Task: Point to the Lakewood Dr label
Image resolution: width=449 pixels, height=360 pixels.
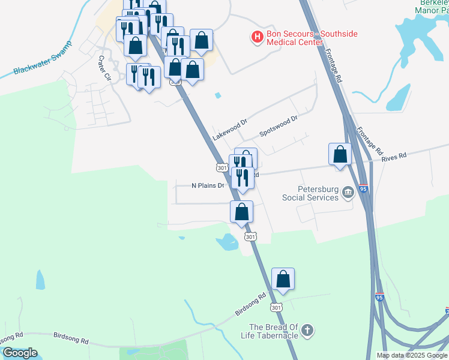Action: click(x=229, y=130)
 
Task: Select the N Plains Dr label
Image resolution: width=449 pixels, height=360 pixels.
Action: click(x=207, y=185)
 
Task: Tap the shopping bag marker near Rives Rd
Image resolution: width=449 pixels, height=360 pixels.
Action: click(x=340, y=154)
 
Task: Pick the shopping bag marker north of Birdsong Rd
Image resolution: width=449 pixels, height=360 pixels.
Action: click(x=283, y=280)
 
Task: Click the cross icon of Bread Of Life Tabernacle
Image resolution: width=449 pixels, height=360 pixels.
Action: click(x=307, y=331)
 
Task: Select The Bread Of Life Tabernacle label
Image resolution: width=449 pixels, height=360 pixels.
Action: click(x=274, y=331)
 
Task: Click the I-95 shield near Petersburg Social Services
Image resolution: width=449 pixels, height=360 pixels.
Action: click(x=364, y=188)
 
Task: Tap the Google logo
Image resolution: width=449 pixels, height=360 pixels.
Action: click(x=19, y=353)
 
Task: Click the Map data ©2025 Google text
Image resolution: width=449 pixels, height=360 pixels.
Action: click(x=411, y=355)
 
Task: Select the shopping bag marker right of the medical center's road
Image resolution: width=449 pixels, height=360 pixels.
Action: click(x=201, y=41)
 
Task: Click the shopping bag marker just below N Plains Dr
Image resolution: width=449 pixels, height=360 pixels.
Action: click(x=241, y=212)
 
